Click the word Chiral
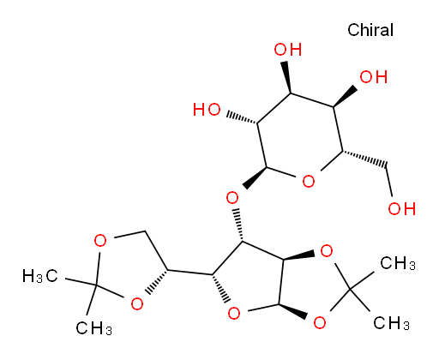click(370, 30)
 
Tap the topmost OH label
click(288, 50)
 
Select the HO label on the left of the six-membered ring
click(207, 110)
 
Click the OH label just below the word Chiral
click(373, 77)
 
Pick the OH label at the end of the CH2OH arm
click(401, 208)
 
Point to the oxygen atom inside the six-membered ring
click(309, 181)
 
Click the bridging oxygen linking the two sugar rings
click(232, 198)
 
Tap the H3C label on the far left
click(40, 276)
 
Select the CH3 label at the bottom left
click(93, 327)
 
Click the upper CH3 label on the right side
click(398, 263)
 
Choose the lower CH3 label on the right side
click(391, 323)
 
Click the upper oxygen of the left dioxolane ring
click(100, 241)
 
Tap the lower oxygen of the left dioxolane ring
click(137, 303)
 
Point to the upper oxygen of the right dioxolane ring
click(327, 251)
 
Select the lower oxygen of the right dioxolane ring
click(320, 323)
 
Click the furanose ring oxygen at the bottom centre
click(234, 314)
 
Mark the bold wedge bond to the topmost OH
click(287, 77)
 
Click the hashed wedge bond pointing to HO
click(242, 118)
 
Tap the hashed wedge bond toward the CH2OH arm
click(364, 159)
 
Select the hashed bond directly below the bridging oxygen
click(238, 225)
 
